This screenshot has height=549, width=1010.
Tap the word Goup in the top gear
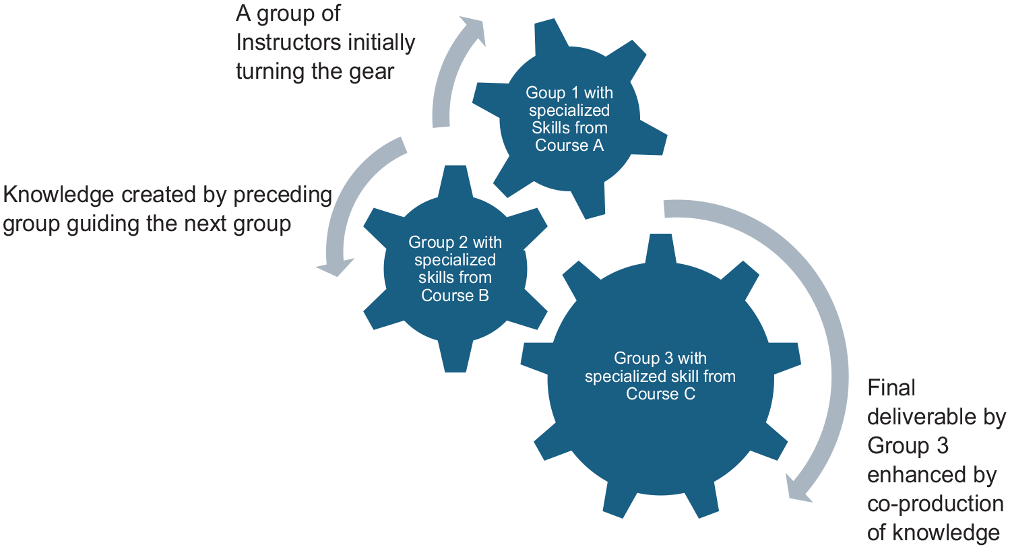[x=544, y=94]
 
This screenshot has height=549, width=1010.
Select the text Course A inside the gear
[x=569, y=146]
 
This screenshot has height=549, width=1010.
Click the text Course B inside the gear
[x=455, y=296]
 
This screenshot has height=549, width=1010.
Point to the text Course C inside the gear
[x=660, y=394]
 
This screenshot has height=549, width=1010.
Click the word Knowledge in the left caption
[x=58, y=196]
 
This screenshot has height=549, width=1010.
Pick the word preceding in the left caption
[x=283, y=196]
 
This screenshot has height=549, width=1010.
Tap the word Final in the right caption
[x=891, y=387]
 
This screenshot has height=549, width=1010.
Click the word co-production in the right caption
[x=935, y=504]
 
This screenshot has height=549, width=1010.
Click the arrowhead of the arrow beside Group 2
[x=335, y=267]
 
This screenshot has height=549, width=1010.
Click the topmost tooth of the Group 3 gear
[x=660, y=249]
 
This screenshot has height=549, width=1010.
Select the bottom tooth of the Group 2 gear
[x=455, y=357]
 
